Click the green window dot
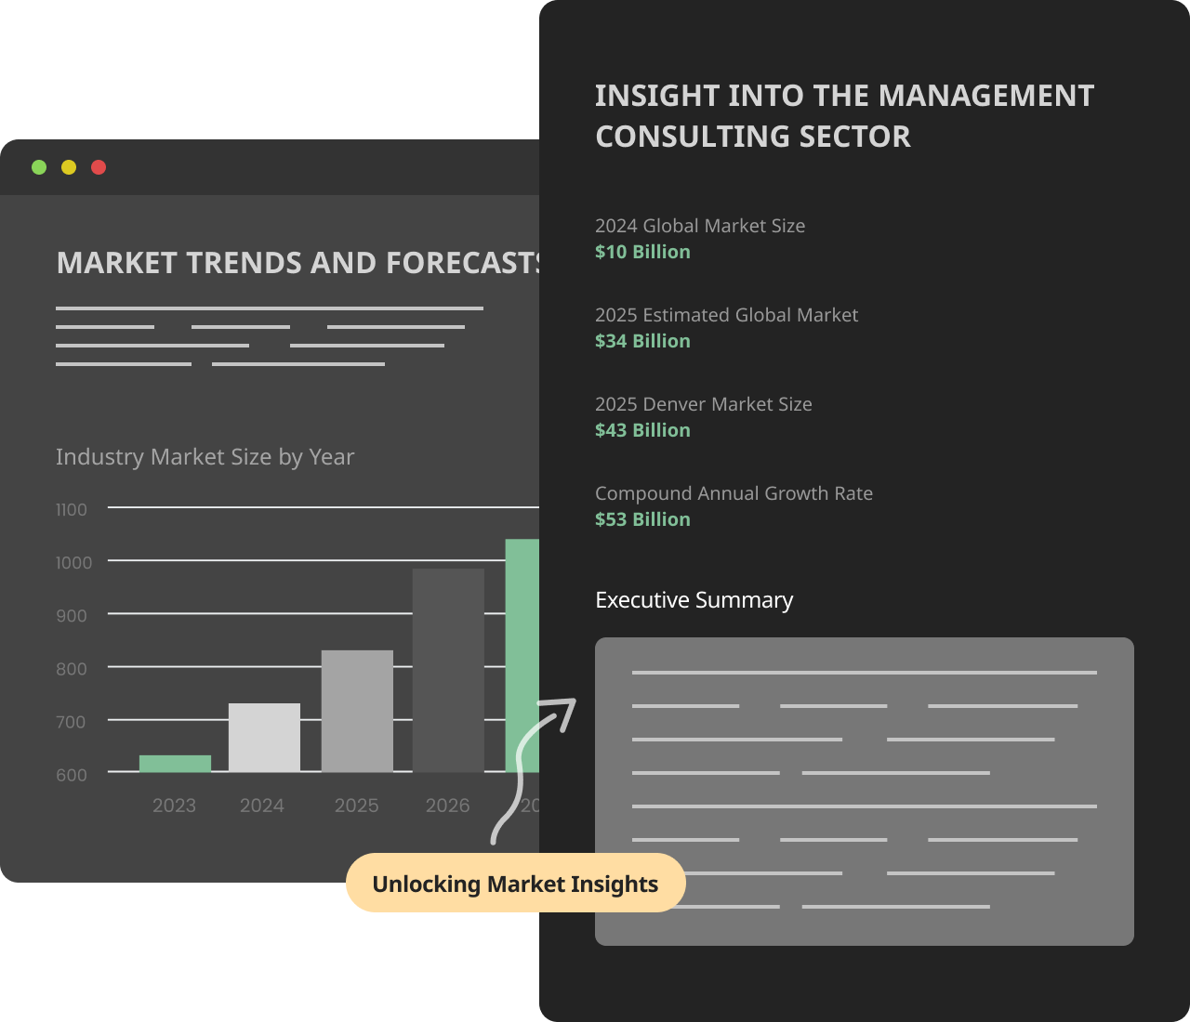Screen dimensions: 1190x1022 (39, 167)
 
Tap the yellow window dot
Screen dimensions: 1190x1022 (69, 167)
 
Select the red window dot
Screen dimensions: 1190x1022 (99, 167)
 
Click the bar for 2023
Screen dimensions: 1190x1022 (175, 764)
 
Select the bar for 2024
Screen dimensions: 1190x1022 (264, 738)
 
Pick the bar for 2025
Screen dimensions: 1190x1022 (357, 712)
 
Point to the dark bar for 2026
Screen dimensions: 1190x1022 (448, 671)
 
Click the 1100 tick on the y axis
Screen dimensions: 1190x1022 (72, 510)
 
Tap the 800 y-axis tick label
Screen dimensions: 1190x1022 (72, 669)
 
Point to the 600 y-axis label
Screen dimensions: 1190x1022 (72, 775)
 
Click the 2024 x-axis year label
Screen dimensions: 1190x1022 (262, 806)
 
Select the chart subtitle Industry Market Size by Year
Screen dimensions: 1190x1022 (205, 457)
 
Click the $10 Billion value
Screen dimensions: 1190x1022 (642, 252)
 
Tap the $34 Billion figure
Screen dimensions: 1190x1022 (642, 341)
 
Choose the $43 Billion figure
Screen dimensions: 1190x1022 (642, 430)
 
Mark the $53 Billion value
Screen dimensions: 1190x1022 (642, 519)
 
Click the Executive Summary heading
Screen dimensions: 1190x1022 (694, 600)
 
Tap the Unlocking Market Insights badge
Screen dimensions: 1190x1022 (515, 884)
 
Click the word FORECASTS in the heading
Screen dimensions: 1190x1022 (463, 263)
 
